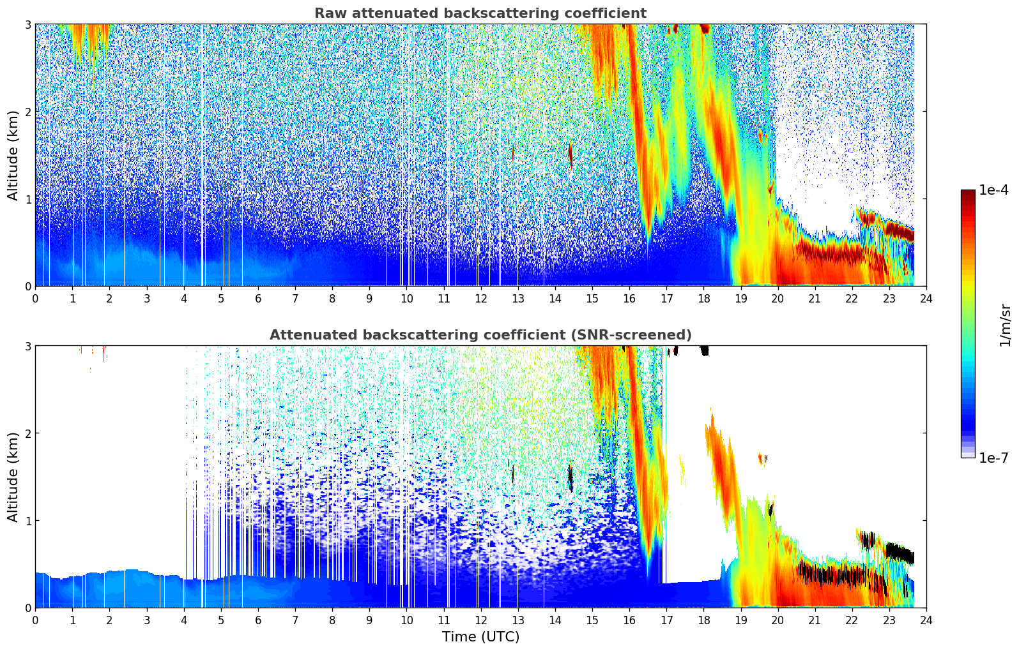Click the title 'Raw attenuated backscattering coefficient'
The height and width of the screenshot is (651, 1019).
480,13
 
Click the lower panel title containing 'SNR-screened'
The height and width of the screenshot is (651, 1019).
480,335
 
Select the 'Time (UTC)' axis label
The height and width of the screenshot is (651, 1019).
480,637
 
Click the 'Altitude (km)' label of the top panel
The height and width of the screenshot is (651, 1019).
13,155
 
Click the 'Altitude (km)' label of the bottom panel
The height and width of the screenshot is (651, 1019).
13,477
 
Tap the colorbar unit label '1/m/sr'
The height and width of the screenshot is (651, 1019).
1005,325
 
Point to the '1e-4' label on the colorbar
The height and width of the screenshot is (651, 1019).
993,190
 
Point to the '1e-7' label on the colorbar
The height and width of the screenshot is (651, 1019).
993,458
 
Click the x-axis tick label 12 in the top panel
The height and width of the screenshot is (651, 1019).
480,298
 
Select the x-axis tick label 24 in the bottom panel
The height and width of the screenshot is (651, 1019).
926,620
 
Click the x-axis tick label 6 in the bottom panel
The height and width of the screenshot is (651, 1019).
258,620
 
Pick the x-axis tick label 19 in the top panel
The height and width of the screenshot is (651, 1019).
740,298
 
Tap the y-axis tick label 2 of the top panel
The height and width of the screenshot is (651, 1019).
28,112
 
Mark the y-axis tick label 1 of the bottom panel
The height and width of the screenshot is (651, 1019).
28,521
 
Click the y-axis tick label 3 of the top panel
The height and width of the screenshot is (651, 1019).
28,24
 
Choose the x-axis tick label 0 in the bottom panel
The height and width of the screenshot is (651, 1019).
35,620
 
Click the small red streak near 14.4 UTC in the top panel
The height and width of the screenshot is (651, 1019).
571,155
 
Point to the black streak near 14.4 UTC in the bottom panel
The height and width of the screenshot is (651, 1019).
571,478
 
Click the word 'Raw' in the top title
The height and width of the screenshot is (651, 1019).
328,13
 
